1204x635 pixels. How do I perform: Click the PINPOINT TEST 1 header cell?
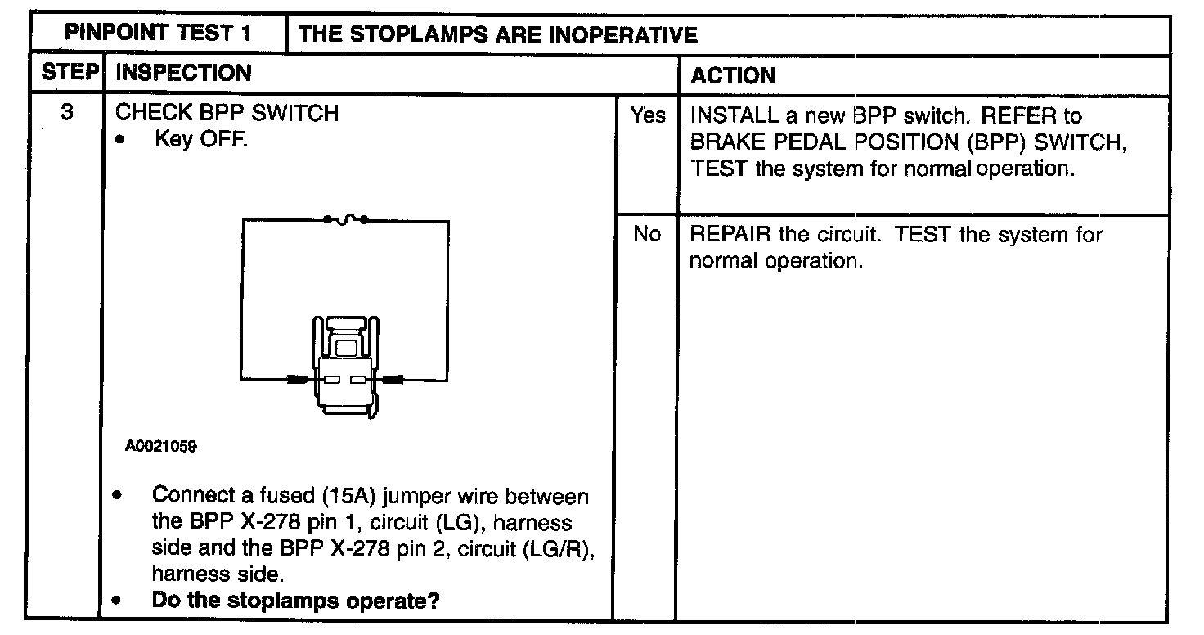pyautogui.click(x=157, y=34)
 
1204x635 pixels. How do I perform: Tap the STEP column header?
pyautogui.click(x=70, y=74)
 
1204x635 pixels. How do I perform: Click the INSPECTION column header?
pyautogui.click(x=183, y=74)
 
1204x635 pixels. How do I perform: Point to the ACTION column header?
pyautogui.click(x=733, y=75)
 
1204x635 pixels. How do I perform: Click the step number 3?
pyautogui.click(x=69, y=112)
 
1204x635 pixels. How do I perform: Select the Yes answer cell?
pyautogui.click(x=647, y=116)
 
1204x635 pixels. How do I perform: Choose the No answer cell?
pyautogui.click(x=647, y=235)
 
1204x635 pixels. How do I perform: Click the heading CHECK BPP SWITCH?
pyautogui.click(x=227, y=113)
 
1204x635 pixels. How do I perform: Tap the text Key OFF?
pyautogui.click(x=201, y=139)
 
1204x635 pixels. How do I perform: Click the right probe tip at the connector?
pyautogui.click(x=393, y=380)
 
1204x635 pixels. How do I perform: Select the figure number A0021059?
pyautogui.click(x=161, y=447)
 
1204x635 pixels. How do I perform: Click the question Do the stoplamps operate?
pyautogui.click(x=296, y=601)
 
